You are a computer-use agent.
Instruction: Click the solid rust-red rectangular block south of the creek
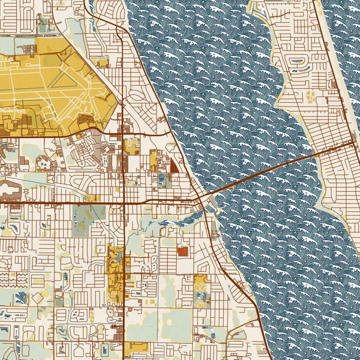(182, 252)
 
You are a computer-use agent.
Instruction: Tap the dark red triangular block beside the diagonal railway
(174, 164)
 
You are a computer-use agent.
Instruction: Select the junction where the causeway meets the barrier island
(351, 143)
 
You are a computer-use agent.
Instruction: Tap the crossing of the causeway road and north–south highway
(123, 203)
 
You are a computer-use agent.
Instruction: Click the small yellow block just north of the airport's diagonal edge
(100, 61)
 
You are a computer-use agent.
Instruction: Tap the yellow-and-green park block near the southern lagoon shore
(200, 290)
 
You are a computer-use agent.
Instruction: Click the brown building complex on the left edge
(7, 189)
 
